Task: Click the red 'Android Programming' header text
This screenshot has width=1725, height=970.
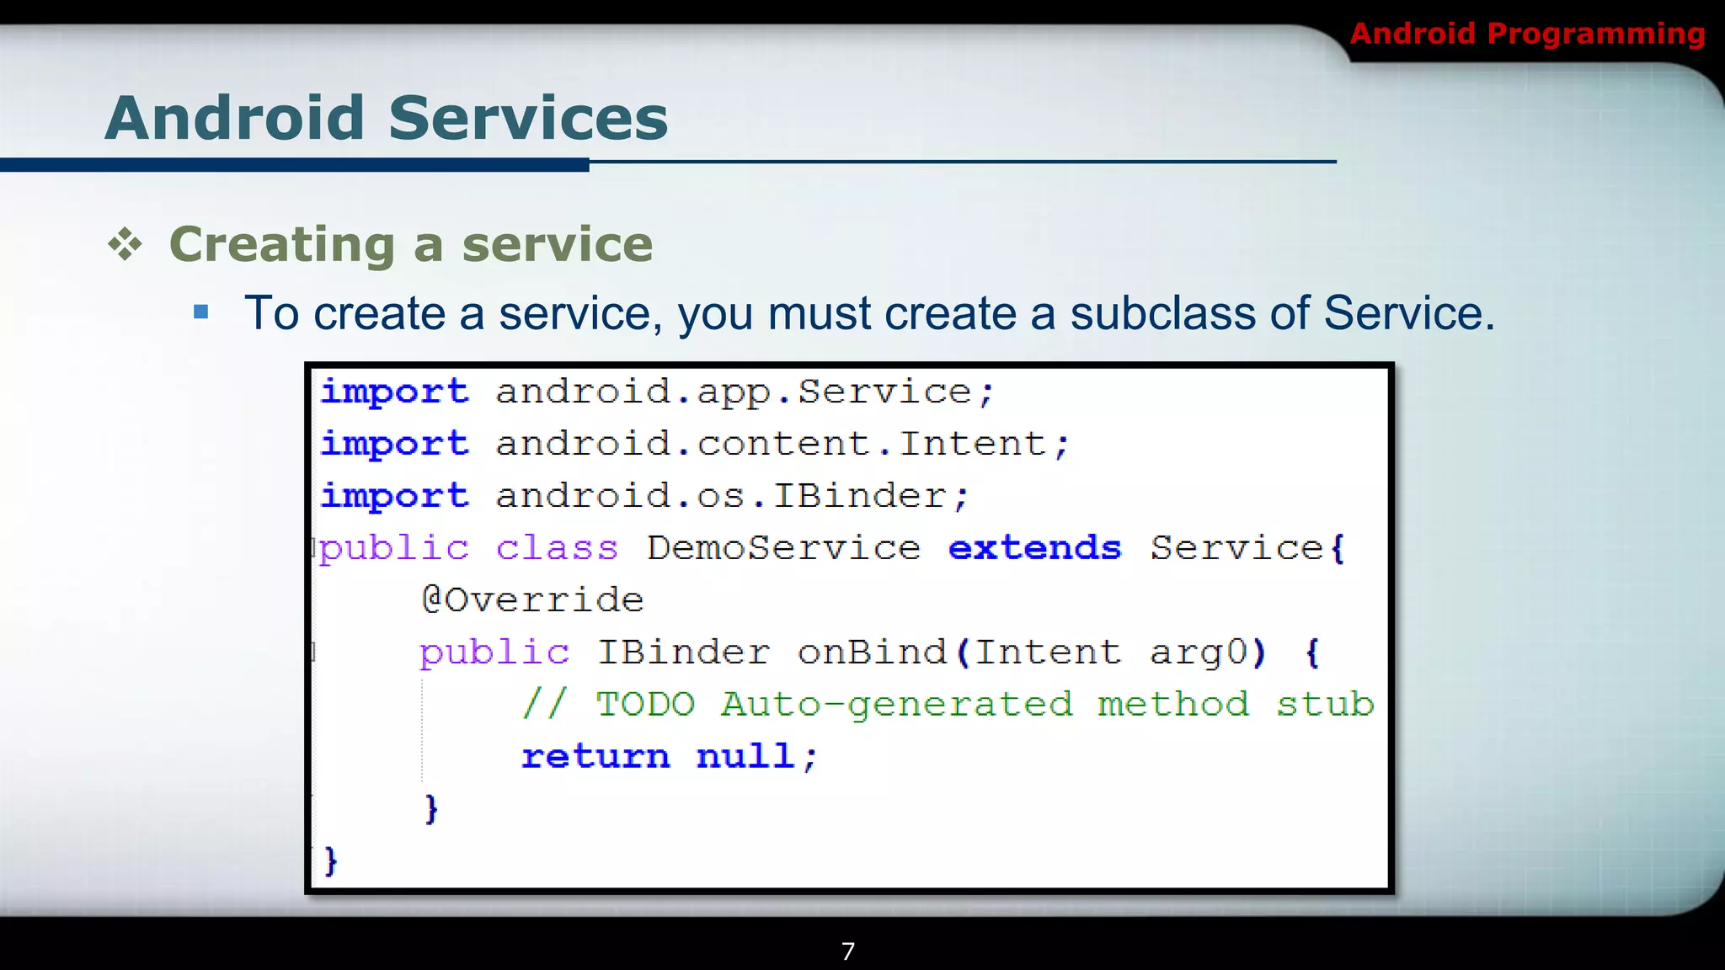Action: [x=1527, y=34]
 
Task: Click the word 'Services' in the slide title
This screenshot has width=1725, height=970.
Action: [x=528, y=118]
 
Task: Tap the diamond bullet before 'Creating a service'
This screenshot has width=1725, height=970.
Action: [x=126, y=245]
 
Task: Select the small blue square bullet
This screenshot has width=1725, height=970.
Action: [x=200, y=313]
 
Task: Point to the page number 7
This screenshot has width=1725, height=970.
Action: [x=848, y=951]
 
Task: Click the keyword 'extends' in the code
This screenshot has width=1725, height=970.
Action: [x=1034, y=548]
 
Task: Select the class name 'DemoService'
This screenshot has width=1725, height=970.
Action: [x=783, y=548]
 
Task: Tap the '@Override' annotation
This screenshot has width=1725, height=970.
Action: [x=532, y=600]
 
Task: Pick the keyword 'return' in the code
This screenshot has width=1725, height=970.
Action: [x=595, y=756]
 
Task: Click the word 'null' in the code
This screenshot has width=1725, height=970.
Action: [x=745, y=756]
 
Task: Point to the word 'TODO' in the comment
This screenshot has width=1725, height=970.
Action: [x=645, y=704]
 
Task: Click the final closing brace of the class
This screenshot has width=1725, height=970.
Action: [x=331, y=861]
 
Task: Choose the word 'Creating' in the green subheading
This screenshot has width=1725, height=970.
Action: [x=282, y=245]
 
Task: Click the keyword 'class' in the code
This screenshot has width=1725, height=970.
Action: [x=557, y=548]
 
